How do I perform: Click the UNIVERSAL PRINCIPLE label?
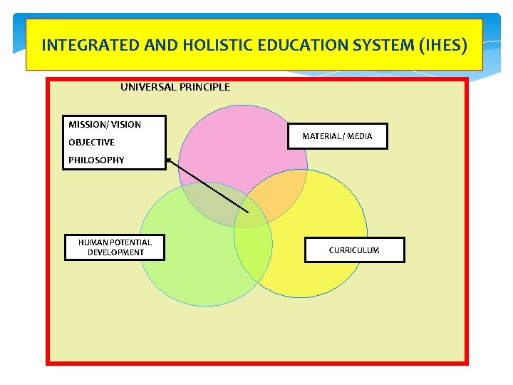point(175,87)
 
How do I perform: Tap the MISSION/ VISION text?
point(105,125)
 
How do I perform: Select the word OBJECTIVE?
point(91,143)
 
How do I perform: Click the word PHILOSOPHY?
point(96,160)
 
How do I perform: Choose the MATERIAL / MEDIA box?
point(337,136)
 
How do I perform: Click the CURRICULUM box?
point(354,250)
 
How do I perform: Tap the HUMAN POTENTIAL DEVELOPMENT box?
point(115,247)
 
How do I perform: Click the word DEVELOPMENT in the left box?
point(115,252)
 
